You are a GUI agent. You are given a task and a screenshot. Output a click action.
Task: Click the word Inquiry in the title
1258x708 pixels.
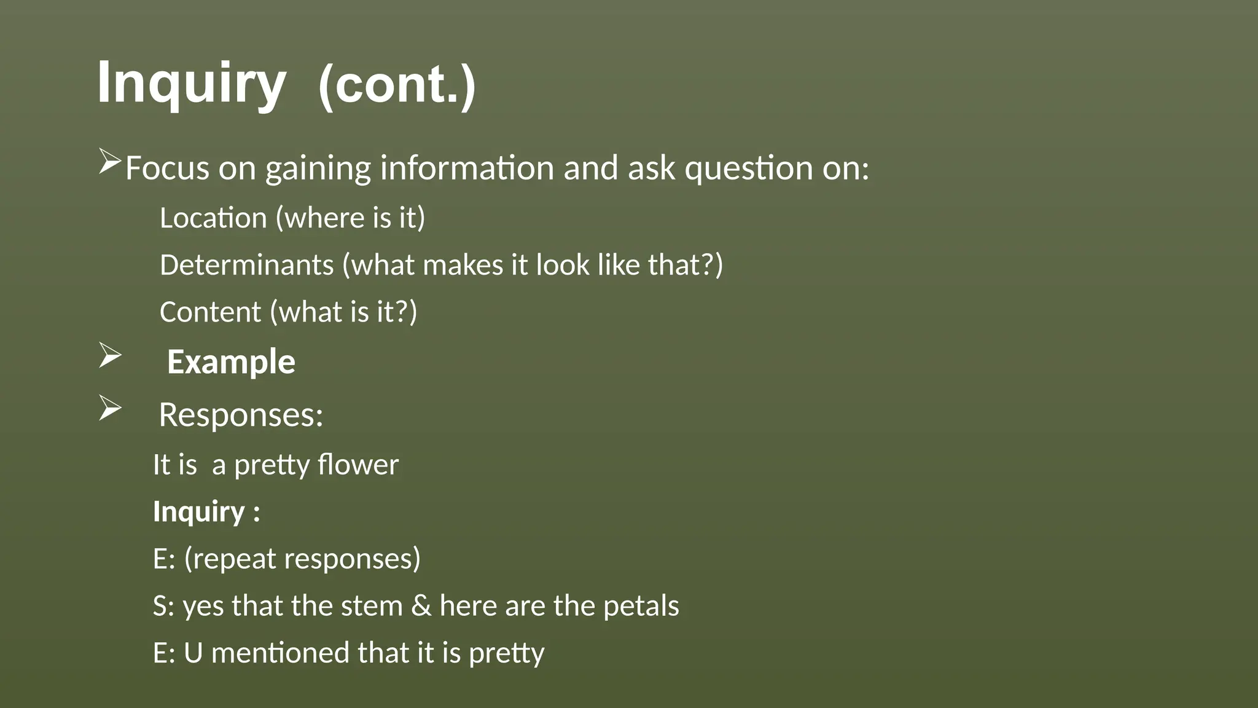click(x=191, y=84)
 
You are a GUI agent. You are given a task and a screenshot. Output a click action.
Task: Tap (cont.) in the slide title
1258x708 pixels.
click(x=397, y=85)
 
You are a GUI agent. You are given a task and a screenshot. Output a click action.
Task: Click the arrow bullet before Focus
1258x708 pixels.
click(x=109, y=162)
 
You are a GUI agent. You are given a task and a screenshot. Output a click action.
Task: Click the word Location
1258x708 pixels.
click(x=213, y=218)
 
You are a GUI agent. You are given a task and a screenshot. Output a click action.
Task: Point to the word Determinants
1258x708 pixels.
click(x=246, y=265)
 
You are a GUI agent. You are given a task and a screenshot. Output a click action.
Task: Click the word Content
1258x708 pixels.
click(x=210, y=312)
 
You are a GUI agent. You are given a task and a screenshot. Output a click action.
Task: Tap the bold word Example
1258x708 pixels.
click(x=231, y=361)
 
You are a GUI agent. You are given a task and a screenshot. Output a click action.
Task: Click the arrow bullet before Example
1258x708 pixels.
click(x=109, y=356)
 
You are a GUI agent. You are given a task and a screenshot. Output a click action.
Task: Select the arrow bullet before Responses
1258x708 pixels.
click(x=109, y=409)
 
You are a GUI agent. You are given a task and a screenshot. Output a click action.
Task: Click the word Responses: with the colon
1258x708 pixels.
click(x=241, y=415)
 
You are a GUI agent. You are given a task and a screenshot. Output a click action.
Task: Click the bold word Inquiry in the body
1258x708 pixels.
click(x=199, y=512)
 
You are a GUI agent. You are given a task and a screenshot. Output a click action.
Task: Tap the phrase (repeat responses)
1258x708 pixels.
click(x=302, y=559)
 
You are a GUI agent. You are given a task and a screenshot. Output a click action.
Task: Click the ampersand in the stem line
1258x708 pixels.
click(x=421, y=606)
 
